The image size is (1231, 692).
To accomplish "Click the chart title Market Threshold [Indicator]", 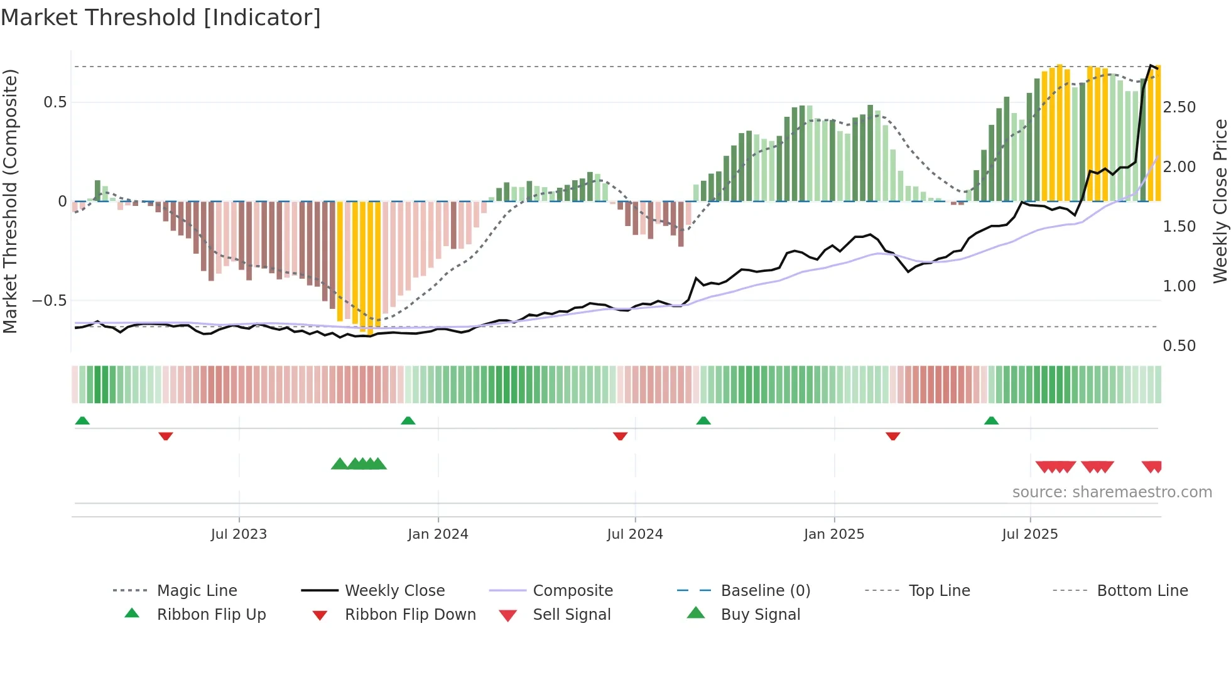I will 161,18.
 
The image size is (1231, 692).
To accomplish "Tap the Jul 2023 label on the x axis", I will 239,534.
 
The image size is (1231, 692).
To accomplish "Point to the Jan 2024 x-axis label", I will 438,534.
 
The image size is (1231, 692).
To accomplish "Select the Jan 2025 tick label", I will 834,534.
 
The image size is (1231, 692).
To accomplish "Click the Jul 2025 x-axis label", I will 1030,534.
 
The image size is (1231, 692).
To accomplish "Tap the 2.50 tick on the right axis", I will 1179,107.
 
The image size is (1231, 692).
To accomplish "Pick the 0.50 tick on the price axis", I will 1179,346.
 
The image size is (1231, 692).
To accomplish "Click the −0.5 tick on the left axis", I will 50,301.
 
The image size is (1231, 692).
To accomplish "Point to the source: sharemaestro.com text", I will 1112,492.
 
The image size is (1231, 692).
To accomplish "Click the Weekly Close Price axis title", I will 1220,201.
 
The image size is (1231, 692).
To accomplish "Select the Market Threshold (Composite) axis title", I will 10,201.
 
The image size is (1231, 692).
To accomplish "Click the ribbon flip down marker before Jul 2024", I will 620,436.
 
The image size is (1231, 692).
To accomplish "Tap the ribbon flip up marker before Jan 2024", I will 408,421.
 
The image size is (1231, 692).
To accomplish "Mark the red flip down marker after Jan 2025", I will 892,436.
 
